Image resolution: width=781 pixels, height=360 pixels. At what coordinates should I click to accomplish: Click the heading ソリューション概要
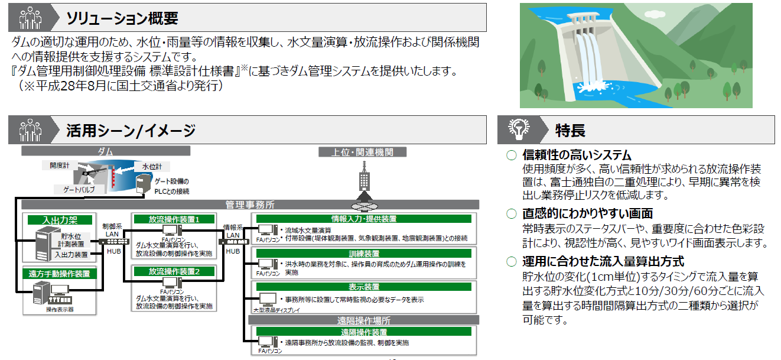(x=122, y=18)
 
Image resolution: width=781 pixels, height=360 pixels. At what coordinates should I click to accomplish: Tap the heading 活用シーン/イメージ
(x=131, y=130)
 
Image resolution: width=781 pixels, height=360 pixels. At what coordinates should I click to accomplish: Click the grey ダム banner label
(x=105, y=152)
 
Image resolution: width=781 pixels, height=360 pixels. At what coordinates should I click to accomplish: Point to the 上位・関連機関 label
(x=363, y=152)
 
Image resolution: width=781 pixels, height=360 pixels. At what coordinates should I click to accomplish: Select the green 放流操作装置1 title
(x=174, y=219)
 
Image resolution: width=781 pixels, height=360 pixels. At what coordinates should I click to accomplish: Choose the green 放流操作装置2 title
(x=174, y=272)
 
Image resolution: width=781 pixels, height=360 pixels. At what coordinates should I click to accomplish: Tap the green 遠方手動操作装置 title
(x=60, y=274)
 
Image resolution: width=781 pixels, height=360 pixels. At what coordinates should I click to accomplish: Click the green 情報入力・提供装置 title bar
(x=364, y=219)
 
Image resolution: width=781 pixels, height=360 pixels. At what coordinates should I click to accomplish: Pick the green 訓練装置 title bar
(x=364, y=253)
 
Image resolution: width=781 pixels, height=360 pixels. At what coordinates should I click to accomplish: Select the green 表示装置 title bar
(x=364, y=287)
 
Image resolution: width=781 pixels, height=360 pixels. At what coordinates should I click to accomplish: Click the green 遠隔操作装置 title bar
(x=364, y=332)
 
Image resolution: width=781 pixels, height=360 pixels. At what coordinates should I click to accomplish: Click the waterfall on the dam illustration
(x=583, y=56)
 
